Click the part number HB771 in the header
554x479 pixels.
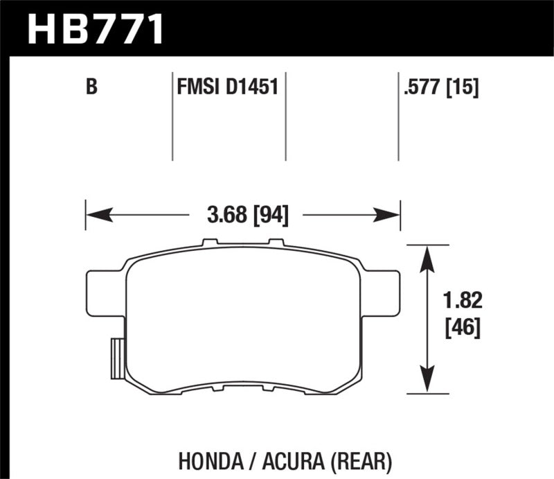tap(96, 28)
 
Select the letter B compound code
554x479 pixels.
tap(90, 88)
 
